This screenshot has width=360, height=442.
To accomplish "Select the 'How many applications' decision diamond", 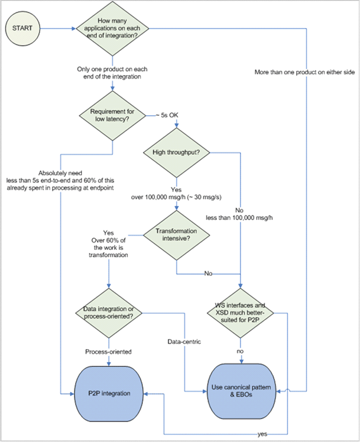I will pos(112,28).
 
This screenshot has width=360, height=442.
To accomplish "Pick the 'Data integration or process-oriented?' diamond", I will pos(109,313).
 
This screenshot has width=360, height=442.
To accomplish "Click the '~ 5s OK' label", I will pos(167,115).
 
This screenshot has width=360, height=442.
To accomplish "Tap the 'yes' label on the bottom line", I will pos(262,434).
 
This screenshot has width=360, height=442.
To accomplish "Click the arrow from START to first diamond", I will pos(59,28).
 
